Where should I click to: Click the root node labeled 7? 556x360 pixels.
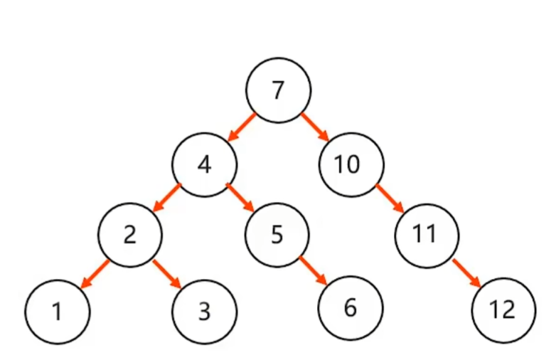click(278, 90)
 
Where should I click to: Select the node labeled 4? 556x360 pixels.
click(204, 164)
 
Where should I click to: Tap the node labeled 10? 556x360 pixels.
click(351, 164)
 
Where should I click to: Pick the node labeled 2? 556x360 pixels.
click(129, 234)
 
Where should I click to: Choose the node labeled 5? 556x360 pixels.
click(277, 234)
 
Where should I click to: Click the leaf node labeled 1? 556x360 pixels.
click(57, 311)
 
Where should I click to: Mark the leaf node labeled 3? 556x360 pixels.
click(204, 312)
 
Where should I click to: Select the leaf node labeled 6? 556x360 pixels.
click(350, 308)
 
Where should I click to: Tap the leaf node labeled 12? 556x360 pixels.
click(502, 311)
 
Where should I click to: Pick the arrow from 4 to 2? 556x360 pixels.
click(167, 198)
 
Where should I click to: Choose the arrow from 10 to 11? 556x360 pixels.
click(389, 198)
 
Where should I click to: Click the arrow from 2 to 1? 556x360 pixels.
click(94, 274)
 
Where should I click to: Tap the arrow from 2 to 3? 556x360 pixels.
click(167, 274)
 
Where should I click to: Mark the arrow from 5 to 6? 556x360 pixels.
click(314, 272)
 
